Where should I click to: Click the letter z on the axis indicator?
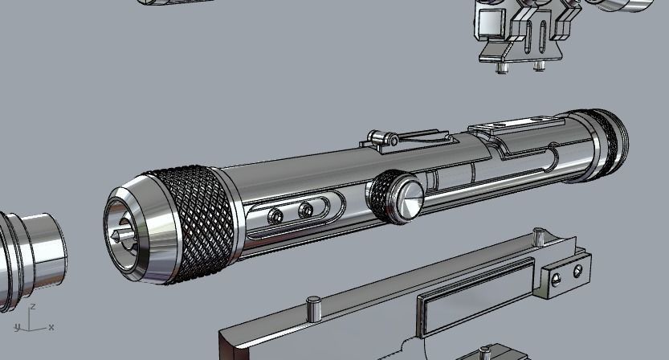(32, 308)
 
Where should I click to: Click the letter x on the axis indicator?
(51, 327)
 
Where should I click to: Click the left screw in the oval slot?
(275, 215)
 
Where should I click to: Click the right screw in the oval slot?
(305, 211)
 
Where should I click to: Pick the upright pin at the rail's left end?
(314, 306)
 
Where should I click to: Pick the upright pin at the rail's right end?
(539, 237)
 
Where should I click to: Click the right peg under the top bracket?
(538, 66)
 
